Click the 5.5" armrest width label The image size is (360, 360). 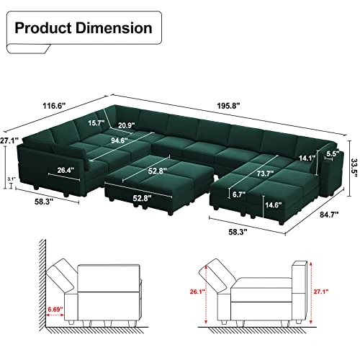tap(332, 153)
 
